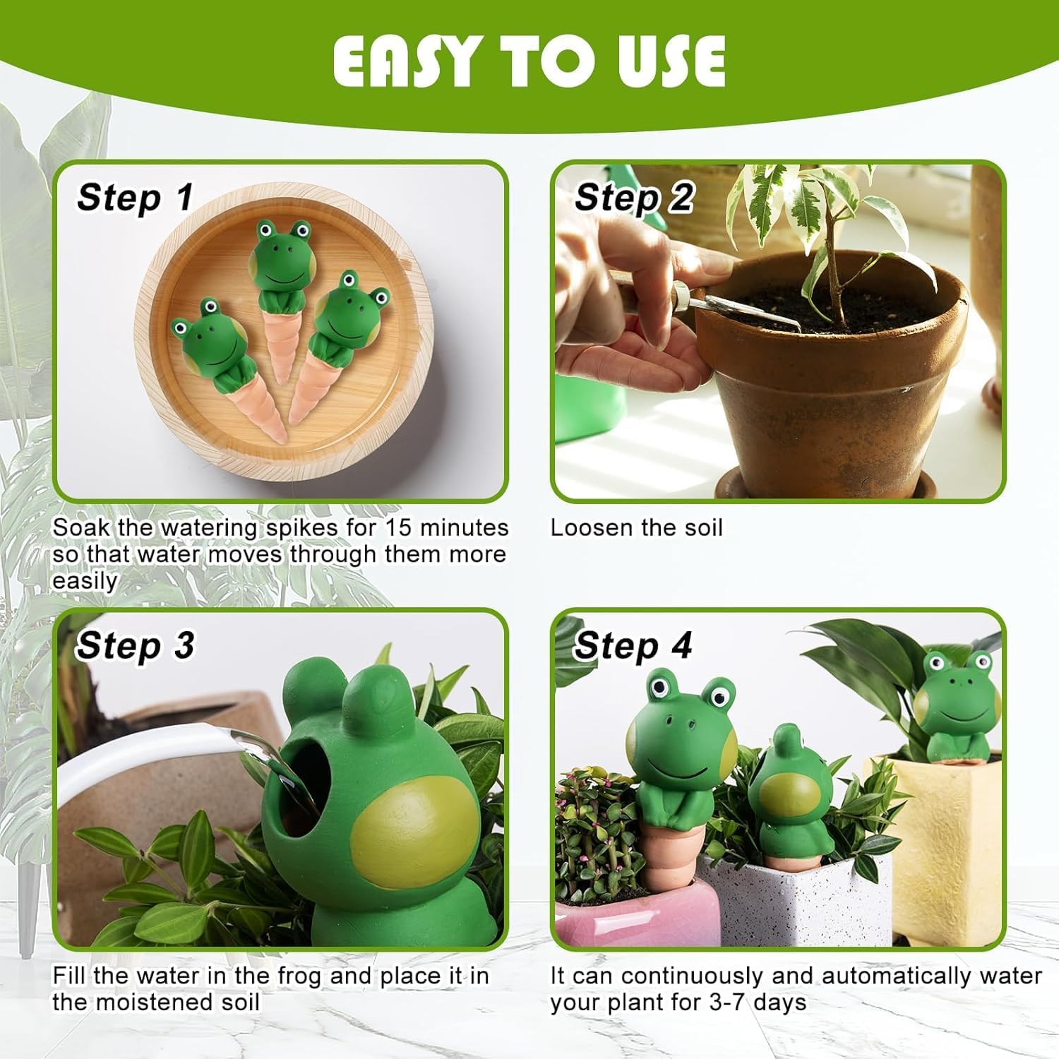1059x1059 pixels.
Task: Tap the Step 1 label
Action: pos(135,197)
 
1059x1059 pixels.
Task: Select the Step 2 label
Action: pos(633,197)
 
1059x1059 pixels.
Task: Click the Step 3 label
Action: pos(135,645)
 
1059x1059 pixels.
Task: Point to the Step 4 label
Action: pos(632,645)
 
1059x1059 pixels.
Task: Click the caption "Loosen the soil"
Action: pos(636,527)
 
